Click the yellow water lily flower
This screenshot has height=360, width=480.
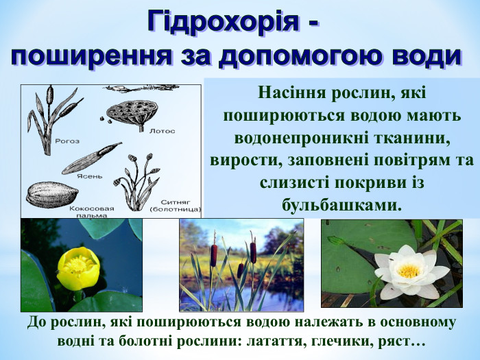[x=77, y=267]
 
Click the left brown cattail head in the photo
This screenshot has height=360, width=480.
[x=213, y=254]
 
